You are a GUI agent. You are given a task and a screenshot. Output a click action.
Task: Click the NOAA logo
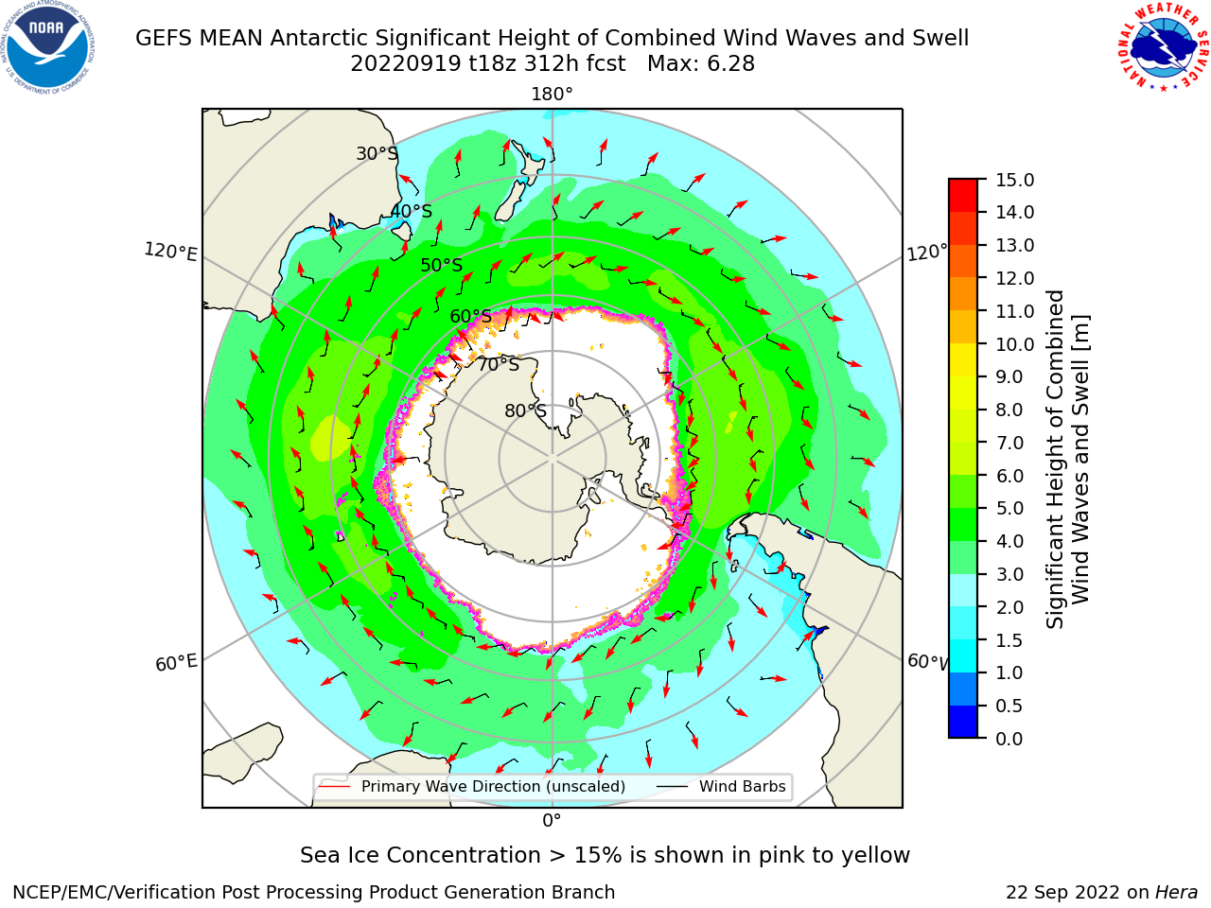[48, 48]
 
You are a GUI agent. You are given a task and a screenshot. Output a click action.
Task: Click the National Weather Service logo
[1164, 47]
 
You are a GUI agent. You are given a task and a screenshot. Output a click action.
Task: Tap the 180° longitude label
[552, 95]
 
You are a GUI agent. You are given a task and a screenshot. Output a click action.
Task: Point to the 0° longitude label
[552, 821]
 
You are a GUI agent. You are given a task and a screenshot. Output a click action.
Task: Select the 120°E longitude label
[170, 252]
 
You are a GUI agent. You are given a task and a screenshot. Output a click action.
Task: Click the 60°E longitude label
[176, 663]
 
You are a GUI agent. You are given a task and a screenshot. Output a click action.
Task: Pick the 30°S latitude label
[377, 153]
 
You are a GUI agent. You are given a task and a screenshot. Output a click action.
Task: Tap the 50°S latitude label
[442, 265]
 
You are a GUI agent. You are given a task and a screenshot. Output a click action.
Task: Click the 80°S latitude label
[525, 410]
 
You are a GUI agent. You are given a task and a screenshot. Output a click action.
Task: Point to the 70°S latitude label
[499, 364]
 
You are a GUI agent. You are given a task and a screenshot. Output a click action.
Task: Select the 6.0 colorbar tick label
[1009, 476]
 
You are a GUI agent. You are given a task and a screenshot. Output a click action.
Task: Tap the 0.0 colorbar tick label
[1009, 739]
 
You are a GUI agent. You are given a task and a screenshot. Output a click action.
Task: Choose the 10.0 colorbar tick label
[1014, 344]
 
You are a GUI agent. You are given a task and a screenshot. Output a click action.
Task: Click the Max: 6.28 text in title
[701, 64]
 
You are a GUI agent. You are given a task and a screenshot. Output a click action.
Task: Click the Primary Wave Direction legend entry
[472, 786]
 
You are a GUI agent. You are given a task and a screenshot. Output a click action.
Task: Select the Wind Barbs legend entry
[721, 786]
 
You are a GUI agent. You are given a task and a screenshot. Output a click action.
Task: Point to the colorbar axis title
[1067, 459]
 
